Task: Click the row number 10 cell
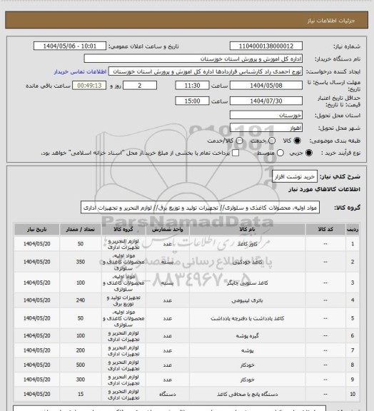(352, 394)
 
